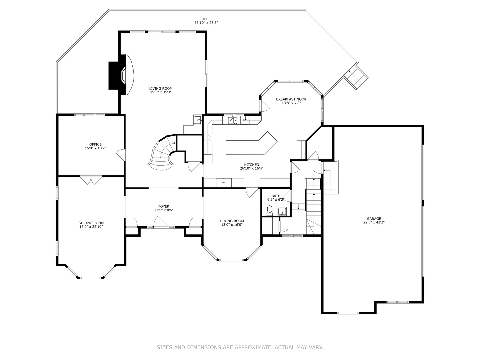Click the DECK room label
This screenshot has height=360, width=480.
(x=206, y=19)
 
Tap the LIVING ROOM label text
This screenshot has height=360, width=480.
(x=161, y=88)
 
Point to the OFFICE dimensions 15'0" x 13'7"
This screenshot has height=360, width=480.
(x=95, y=148)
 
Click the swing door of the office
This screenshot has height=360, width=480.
(x=121, y=154)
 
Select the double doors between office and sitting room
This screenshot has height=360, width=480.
(x=91, y=180)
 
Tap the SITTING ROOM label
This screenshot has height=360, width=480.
(x=91, y=223)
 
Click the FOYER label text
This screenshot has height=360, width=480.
(x=164, y=206)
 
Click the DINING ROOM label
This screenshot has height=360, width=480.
(x=232, y=221)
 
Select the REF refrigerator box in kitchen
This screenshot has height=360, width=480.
(x=224, y=183)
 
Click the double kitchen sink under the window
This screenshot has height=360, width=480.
(x=232, y=120)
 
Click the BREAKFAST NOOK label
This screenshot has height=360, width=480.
(x=291, y=99)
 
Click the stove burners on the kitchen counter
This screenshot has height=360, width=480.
(x=210, y=137)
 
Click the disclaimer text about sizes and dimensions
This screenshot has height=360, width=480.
(x=240, y=347)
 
